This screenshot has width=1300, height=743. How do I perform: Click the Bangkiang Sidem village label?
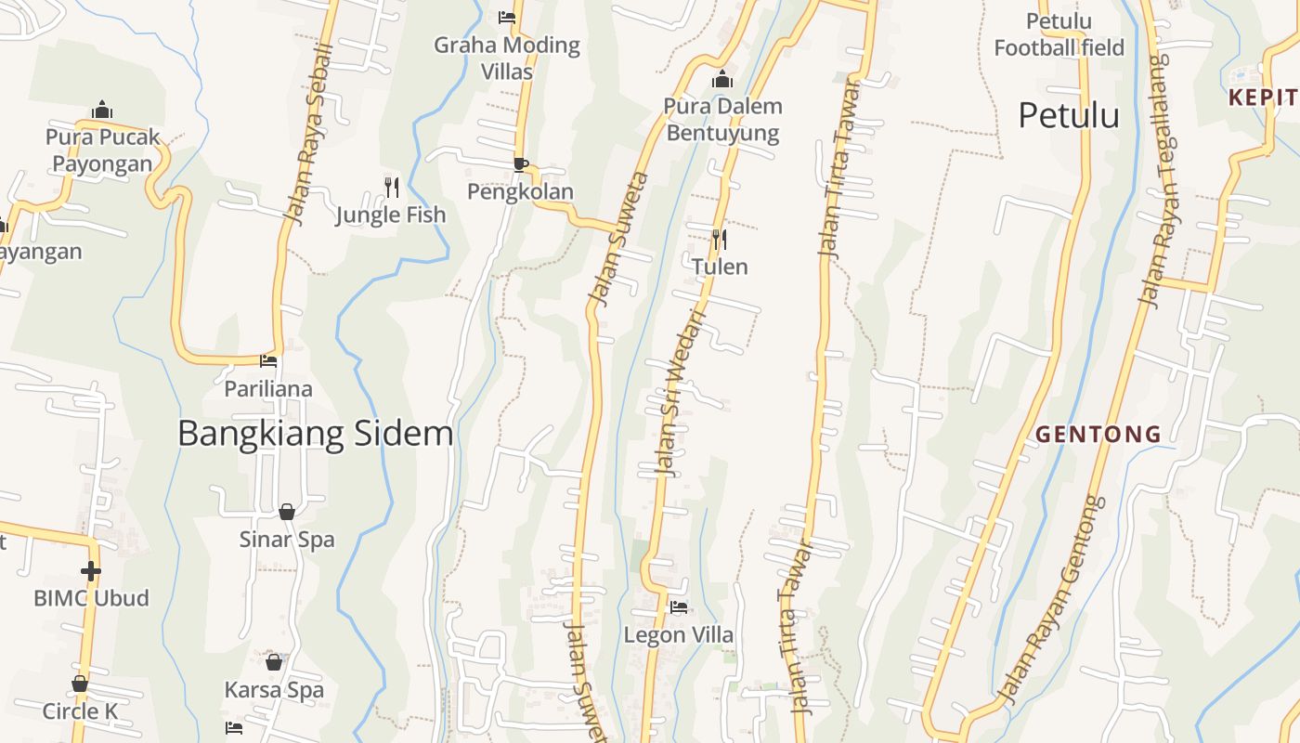point(315,434)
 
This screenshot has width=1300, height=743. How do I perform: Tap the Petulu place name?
point(1068,116)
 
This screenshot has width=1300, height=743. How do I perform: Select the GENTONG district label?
point(1098,434)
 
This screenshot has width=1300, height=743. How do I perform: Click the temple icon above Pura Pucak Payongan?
point(102,111)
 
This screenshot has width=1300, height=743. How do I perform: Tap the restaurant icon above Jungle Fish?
point(391,188)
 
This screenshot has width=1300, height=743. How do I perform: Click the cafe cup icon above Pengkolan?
point(521,165)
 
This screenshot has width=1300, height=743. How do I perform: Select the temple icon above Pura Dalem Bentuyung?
point(722,80)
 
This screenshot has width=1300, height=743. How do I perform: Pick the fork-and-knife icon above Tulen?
point(719,241)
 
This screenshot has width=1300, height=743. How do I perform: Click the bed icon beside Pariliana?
point(268,360)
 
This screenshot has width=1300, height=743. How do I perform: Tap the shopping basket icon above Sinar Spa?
point(287,512)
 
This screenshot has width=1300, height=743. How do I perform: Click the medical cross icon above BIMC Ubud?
point(90,570)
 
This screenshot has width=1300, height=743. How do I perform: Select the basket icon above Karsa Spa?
point(274,662)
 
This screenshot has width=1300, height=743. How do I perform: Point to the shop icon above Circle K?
point(80,684)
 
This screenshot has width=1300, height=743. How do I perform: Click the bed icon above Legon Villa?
point(679,608)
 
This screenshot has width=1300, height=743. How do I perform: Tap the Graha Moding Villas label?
point(507,58)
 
